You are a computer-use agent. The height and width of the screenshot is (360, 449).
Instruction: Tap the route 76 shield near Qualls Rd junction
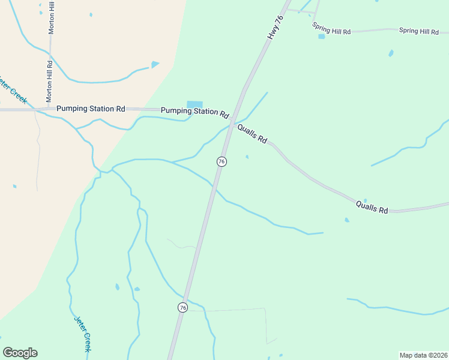click(221, 161)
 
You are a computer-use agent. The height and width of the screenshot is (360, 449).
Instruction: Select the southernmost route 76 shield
click(182, 307)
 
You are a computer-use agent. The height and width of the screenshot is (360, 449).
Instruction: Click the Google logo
click(20, 353)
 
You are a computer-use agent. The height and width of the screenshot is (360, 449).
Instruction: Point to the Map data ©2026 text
click(423, 355)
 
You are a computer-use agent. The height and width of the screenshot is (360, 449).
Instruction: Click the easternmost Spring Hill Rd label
click(419, 31)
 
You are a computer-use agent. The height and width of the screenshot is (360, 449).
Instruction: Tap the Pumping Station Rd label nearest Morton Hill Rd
click(91, 109)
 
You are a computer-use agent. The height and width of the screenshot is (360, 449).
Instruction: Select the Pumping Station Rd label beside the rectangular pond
click(195, 112)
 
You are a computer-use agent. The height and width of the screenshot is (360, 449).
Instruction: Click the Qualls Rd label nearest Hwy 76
click(252, 134)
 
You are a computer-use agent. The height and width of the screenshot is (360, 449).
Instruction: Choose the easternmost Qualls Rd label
click(372, 207)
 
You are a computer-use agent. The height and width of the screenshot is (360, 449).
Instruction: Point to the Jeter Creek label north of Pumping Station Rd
click(13, 89)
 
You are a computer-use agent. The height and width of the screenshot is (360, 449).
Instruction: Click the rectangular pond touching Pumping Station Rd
click(194, 104)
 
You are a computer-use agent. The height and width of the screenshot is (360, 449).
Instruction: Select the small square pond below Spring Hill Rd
click(321, 37)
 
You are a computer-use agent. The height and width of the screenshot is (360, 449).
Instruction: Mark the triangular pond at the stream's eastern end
click(155, 64)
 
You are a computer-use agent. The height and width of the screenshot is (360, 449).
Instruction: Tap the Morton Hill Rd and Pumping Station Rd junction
click(46, 109)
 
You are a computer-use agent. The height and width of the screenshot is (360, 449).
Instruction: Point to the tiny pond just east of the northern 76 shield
click(247, 157)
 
